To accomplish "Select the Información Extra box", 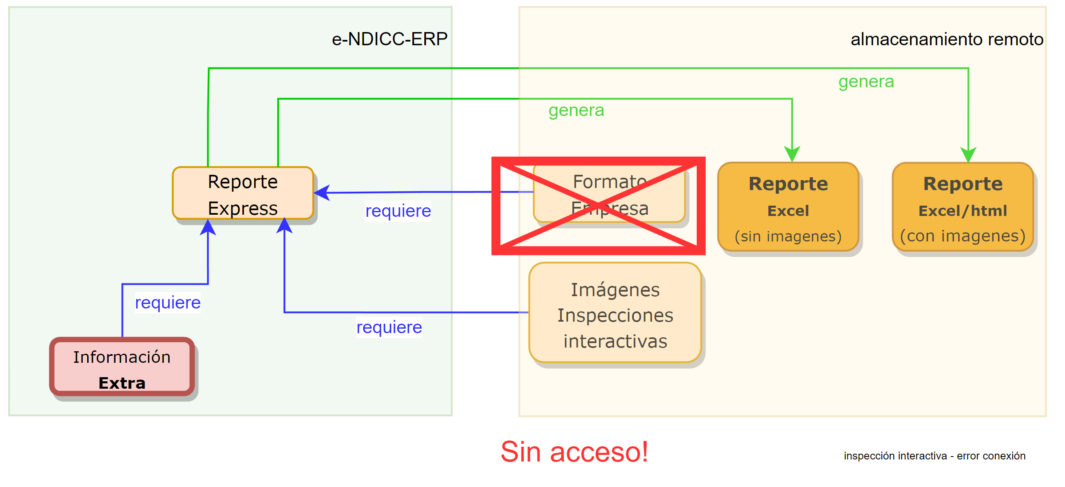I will pos(122,367).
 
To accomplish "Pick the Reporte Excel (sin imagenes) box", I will pos(788,206).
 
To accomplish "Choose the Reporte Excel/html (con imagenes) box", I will pos(963,206).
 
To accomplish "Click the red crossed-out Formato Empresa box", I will pos(598,205).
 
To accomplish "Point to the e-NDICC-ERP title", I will pos(389,39).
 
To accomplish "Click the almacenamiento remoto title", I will pos(947,39).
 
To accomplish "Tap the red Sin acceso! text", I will pos(574,452).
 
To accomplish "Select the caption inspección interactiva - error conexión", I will pos(935,456).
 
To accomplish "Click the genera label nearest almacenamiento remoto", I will pos(866,81).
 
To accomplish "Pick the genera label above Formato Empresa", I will pos(576,110).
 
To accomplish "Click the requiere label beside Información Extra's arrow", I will pos(167,302).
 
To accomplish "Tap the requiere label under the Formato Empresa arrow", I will pos(398,211).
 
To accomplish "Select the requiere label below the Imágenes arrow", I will pos(389,327).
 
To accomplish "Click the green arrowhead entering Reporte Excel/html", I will pos(968,155).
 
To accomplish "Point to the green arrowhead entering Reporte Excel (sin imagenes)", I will pos(792,155).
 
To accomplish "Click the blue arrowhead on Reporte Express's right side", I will pos(322,192).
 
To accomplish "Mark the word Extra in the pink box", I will pos(122,383).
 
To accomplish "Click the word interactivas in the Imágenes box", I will pos(615,341).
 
